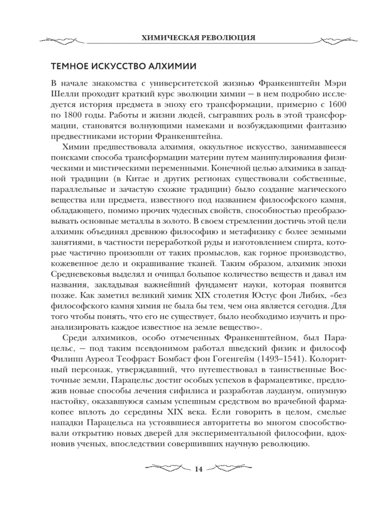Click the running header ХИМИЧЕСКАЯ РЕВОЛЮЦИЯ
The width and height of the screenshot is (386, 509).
(193, 38)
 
